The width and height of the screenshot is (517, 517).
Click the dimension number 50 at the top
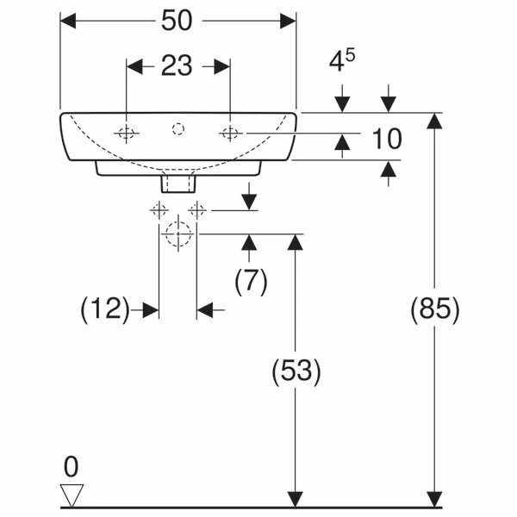(x=177, y=21)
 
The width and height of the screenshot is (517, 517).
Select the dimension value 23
(x=177, y=65)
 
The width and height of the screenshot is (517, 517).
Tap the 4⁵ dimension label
(x=342, y=59)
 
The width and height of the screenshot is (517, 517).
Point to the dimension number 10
(x=387, y=139)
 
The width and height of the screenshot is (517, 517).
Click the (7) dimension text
(x=251, y=282)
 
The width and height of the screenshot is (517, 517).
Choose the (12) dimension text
(x=105, y=309)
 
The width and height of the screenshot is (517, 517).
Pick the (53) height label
(x=296, y=371)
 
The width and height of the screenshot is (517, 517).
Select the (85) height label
(x=434, y=309)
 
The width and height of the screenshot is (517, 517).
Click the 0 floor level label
(x=72, y=466)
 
